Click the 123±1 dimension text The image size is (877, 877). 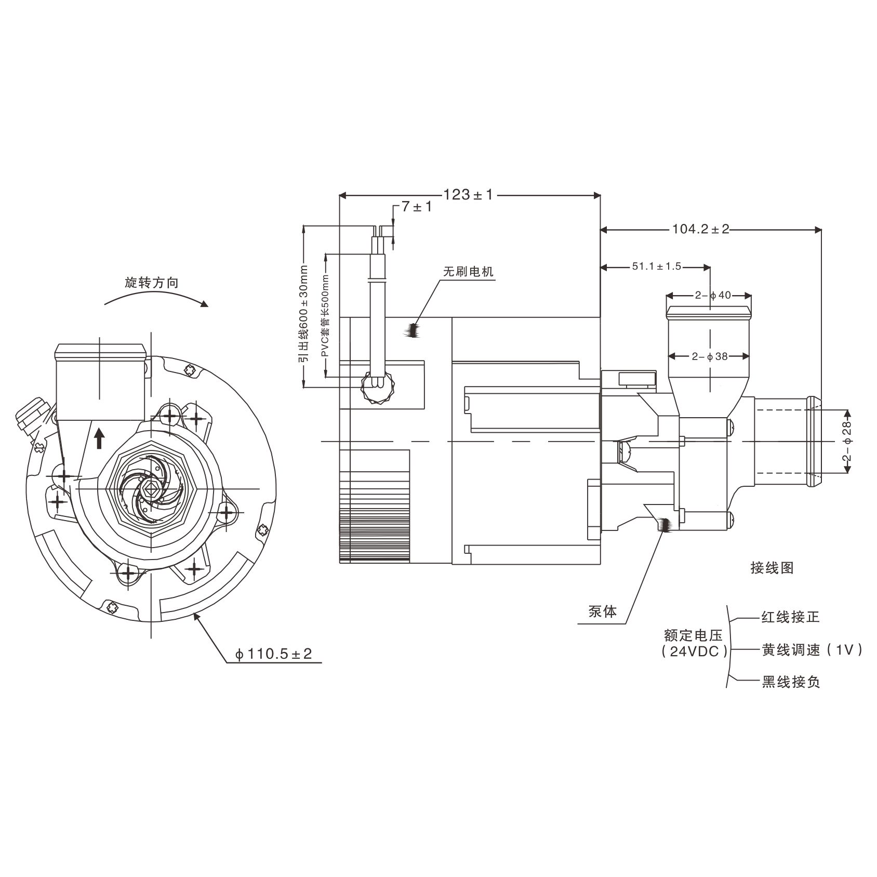[x=468, y=195]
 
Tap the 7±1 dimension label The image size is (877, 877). [x=417, y=207]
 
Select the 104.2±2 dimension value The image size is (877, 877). [x=701, y=229]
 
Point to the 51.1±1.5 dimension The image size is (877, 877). [x=656, y=267]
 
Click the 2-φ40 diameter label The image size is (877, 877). [x=713, y=296]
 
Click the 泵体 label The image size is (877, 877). [x=603, y=612]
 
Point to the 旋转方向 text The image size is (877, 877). [x=151, y=283]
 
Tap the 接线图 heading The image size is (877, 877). [x=772, y=568]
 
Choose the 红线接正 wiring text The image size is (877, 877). [x=790, y=617]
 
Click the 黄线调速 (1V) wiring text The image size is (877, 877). [x=812, y=649]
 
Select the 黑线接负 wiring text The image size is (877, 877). [x=790, y=682]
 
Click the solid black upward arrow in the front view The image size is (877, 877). [x=99, y=438]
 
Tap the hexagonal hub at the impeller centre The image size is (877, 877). [x=152, y=488]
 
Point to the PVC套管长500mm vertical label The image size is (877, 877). [x=326, y=320]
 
